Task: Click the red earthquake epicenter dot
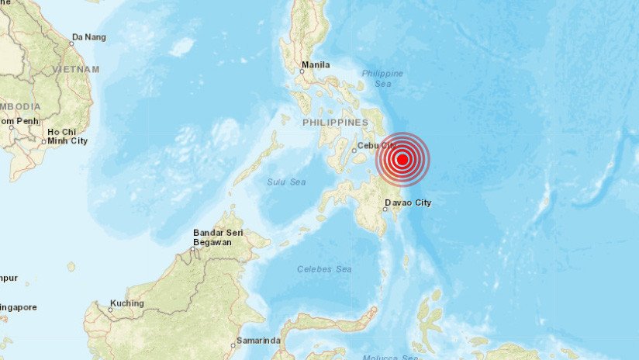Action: tap(402, 160)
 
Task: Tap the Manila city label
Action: tap(316, 64)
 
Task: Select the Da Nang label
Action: tap(88, 36)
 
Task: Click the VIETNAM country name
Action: tap(76, 69)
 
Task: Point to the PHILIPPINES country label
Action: tap(335, 123)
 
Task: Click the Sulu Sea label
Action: tap(287, 182)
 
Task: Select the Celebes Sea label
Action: tap(324, 269)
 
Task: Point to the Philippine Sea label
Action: tap(382, 78)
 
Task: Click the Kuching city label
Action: tap(128, 303)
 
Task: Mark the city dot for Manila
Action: tap(302, 71)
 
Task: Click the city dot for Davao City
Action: tap(385, 209)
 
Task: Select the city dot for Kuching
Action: tap(110, 310)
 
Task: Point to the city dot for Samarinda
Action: tap(233, 346)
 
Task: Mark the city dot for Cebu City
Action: tap(354, 151)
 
